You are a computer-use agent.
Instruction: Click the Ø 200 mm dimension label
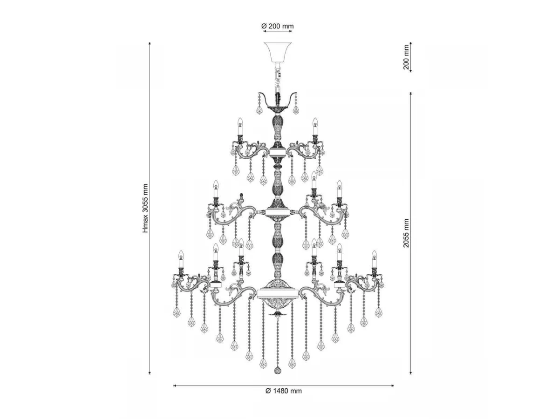tap(278, 26)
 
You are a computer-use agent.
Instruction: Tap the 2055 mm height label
tap(406, 233)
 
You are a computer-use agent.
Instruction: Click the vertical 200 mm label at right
tap(406, 57)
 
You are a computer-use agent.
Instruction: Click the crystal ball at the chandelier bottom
tap(278, 370)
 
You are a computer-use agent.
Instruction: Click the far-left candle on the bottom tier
tap(181, 259)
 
